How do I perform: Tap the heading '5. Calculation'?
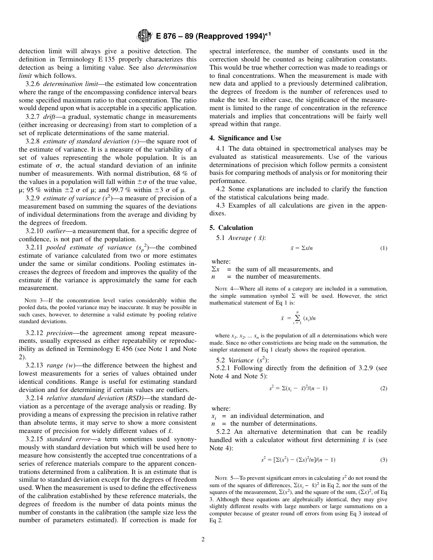tap(231, 228)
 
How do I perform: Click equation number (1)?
tap(383, 248)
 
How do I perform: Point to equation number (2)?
tap(383, 388)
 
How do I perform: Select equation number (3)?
tap(383, 460)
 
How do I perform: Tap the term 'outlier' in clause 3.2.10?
tap(56, 231)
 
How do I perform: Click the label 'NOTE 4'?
tap(224, 289)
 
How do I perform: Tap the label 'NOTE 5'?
tap(224, 478)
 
